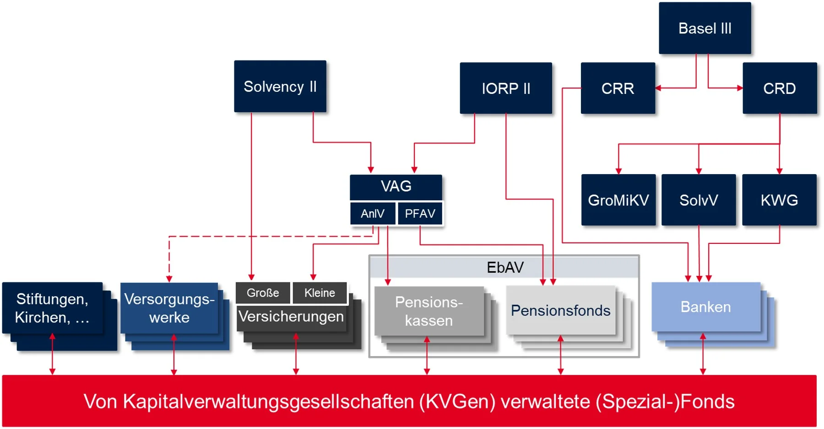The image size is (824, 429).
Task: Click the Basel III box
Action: tap(705, 28)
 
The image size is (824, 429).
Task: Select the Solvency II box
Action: tap(280, 87)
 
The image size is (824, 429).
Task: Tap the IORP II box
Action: tap(506, 88)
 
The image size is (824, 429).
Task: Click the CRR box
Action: tap(618, 88)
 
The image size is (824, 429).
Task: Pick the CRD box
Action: tap(779, 88)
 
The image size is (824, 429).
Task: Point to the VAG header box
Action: tap(396, 187)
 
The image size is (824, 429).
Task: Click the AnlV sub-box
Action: tap(373, 214)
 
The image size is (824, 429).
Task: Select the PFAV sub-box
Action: tap(420, 214)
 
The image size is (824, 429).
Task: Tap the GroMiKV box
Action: tap(618, 200)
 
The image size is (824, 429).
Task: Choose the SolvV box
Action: tap(699, 200)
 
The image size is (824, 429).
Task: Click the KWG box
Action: tap(779, 200)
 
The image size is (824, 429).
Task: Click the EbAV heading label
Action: tap(504, 267)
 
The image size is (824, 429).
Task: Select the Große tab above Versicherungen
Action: tap(263, 293)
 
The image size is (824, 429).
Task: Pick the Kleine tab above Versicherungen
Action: tap(320, 293)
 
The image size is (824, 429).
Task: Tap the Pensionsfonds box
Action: tap(560, 310)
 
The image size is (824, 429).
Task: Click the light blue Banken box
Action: tap(705, 307)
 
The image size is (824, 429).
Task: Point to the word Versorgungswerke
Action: tap(169, 308)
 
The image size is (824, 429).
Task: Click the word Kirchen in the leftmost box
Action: tap(42, 317)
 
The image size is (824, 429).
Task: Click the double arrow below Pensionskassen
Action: tap(427, 356)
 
